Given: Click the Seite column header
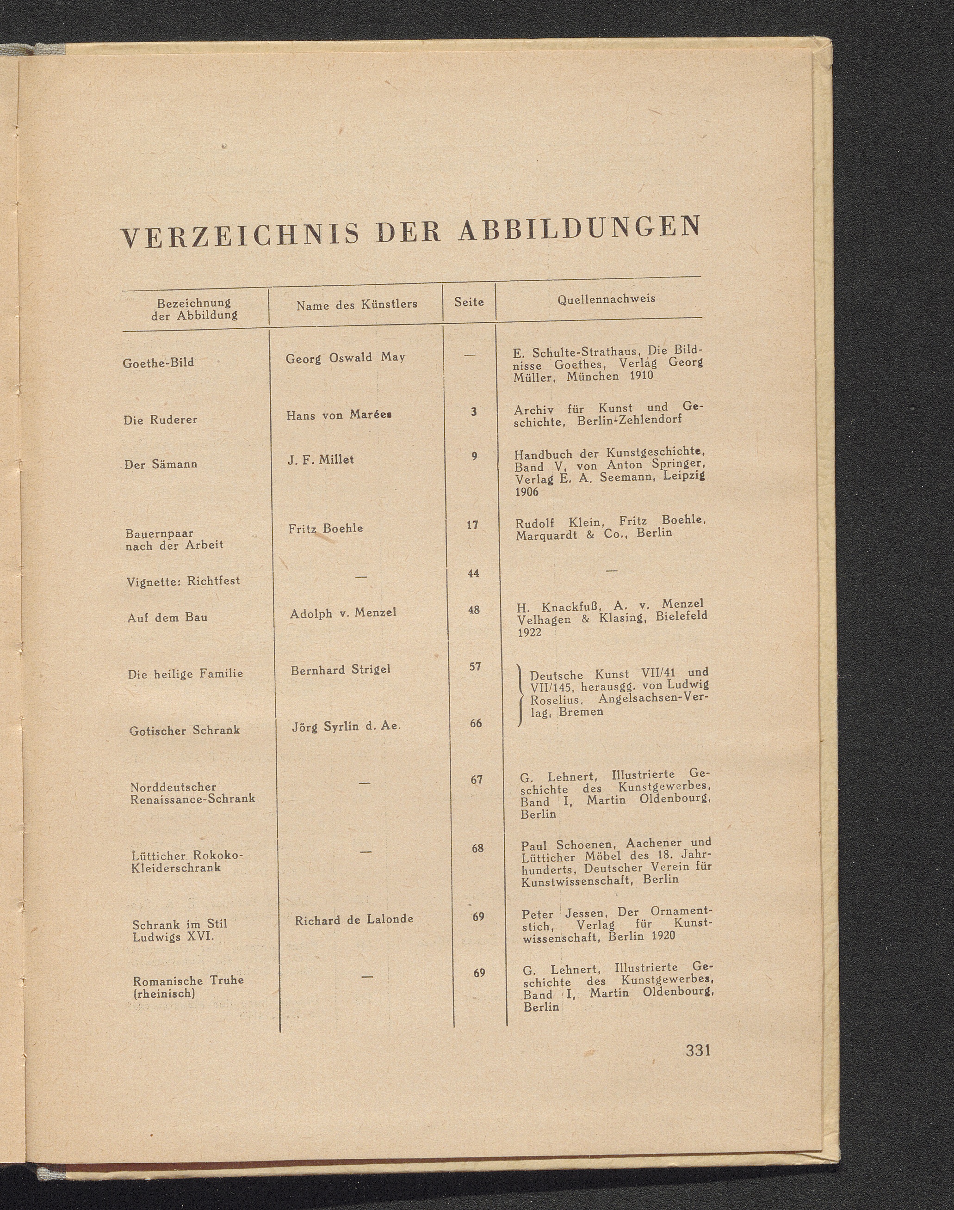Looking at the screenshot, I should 469,302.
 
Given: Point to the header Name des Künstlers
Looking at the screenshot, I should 356,305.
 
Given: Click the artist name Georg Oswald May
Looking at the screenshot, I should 345,358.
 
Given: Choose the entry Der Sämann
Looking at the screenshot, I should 161,464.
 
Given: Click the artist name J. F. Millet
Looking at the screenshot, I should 321,460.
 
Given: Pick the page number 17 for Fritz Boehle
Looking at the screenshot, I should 472,525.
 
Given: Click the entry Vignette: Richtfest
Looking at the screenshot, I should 183,581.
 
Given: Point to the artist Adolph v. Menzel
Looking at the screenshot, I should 343,613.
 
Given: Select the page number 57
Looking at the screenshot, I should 475,666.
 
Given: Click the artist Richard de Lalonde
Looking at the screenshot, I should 354,919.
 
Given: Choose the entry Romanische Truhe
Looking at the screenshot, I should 188,981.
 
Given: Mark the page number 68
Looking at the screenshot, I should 477,848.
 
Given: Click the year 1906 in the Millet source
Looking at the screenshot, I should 526,491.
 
